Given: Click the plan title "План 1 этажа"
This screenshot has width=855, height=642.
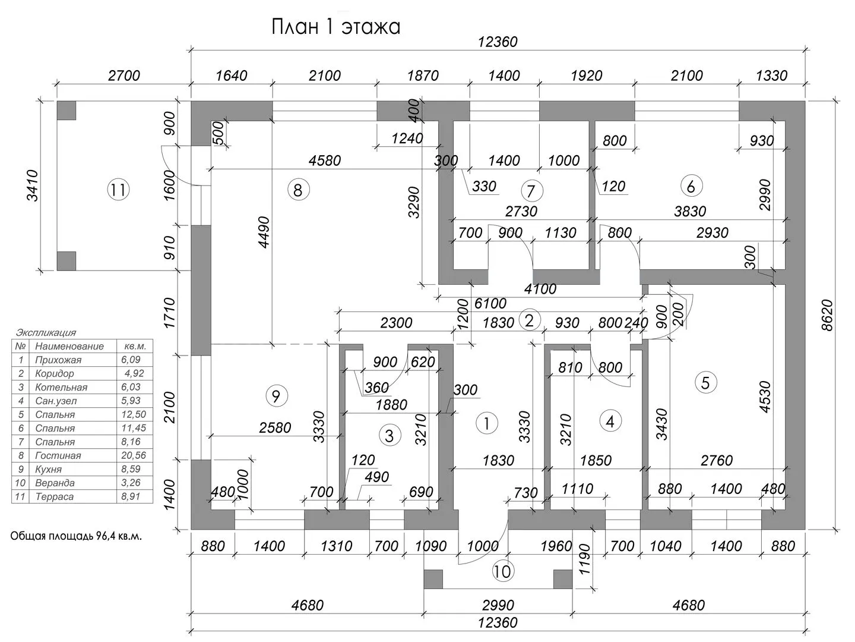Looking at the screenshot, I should coord(335,27).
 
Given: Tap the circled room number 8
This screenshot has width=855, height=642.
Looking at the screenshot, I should coord(298,190).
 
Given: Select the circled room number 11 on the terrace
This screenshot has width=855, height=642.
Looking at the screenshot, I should coord(118,190).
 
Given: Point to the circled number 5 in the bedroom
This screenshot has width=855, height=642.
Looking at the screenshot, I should coord(705,382).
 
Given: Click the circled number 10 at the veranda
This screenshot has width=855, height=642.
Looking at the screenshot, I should coord(502,571).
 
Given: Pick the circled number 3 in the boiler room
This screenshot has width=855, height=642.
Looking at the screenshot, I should coord(389,436).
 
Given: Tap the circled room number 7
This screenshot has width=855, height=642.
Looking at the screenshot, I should coord(531,191).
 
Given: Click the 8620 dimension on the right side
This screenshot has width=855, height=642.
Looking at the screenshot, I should coord(829,315).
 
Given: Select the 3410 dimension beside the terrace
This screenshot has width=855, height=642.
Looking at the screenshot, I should coord(31,185).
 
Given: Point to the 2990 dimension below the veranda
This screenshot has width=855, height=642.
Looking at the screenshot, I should coord(498,605).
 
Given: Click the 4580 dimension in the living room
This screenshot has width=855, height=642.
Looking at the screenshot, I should coord(325,160).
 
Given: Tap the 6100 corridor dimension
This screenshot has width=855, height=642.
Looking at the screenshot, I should coord(490,304).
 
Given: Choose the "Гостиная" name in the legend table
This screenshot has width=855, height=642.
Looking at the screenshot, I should coord(58,455).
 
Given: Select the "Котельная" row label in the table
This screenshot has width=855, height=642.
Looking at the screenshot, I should coord(61,387).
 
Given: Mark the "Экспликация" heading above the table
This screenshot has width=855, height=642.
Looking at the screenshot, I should coord(46,333).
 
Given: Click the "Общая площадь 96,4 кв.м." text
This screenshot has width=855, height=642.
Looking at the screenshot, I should coord(76,536).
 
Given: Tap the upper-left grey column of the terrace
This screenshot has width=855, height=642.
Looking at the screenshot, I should coord(66,111).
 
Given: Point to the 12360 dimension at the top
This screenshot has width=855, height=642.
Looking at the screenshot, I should coord(498,42).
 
